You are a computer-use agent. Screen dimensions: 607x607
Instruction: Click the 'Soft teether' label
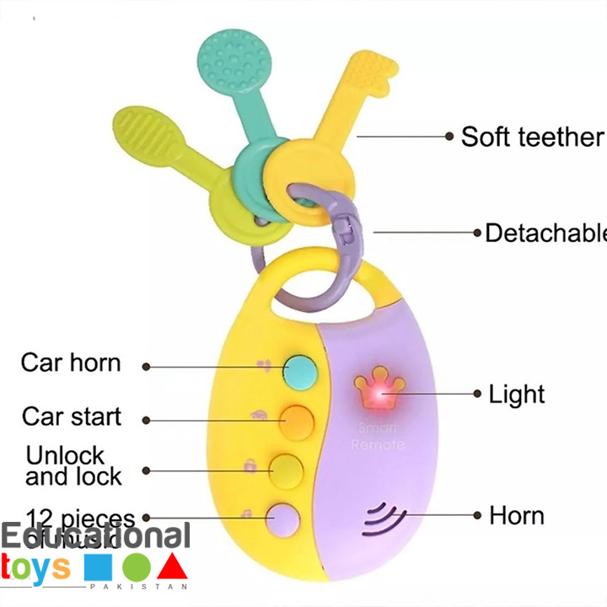pyautogui.click(x=532, y=137)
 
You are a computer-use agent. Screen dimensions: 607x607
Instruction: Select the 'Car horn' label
pyautogui.click(x=71, y=363)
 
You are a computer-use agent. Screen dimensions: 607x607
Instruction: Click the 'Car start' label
pyautogui.click(x=72, y=416)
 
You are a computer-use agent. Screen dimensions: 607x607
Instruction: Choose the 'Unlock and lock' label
pyautogui.click(x=73, y=465)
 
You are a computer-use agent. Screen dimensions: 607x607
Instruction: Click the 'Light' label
pyautogui.click(x=517, y=394)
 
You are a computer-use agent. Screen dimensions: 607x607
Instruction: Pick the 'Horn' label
pyautogui.click(x=517, y=515)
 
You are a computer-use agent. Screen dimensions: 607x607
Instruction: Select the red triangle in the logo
pyautogui.click(x=172, y=567)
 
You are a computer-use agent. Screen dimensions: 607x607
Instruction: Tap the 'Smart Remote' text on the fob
pyautogui.click(x=378, y=437)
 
